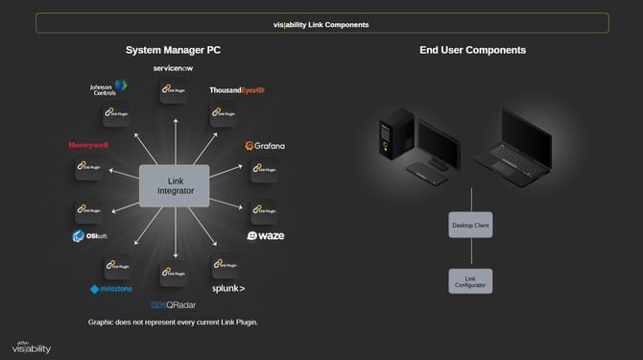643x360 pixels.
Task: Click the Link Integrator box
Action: [x=175, y=185]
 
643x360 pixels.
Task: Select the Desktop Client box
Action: [x=470, y=226]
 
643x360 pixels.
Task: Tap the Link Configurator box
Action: [x=470, y=280]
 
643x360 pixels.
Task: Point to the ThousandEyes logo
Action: [x=236, y=90]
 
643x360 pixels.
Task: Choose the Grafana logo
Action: [x=265, y=146]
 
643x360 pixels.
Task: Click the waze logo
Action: [x=266, y=235]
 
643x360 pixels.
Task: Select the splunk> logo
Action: [x=228, y=288]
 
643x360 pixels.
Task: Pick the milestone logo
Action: [x=112, y=288]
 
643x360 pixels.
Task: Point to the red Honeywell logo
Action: [x=88, y=146]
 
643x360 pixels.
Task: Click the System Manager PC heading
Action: [x=174, y=50]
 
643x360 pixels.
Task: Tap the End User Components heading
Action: [x=472, y=50]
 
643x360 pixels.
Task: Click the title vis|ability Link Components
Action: [x=321, y=24]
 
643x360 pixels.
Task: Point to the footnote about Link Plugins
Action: [x=174, y=322]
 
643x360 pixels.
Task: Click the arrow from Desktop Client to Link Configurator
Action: [x=470, y=252]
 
